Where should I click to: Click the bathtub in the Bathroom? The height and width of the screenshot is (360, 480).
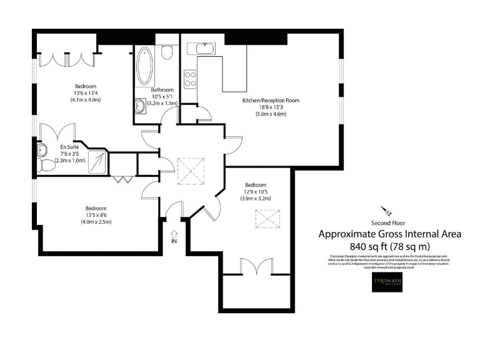pos(145,66)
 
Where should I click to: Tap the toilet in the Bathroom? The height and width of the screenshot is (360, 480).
pos(166,52)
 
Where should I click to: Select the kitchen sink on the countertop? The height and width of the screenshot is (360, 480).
pos(204,48)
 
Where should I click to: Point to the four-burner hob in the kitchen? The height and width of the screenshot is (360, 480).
pos(190,79)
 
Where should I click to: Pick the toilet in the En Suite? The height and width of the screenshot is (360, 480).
pos(46,165)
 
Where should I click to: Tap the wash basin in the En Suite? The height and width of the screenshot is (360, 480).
pos(42,149)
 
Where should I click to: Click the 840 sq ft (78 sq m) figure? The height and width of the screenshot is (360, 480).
pos(390,246)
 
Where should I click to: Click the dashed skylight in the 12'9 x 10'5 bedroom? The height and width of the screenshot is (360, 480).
pos(261,219)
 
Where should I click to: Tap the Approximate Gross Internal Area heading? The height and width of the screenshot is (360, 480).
pos(390,234)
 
